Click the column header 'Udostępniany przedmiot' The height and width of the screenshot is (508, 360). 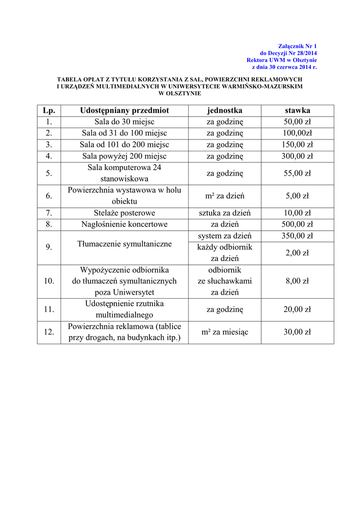click(x=124, y=110)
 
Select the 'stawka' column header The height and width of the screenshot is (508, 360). click(x=297, y=110)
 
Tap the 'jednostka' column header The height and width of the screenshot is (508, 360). click(x=224, y=110)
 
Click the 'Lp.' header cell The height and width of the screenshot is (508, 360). click(x=49, y=110)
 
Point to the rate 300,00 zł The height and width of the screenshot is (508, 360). click(x=297, y=156)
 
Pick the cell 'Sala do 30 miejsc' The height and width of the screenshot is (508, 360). click(x=124, y=122)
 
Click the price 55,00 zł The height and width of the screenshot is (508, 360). click(x=297, y=173)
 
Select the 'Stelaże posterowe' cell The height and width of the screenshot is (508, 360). click(x=124, y=213)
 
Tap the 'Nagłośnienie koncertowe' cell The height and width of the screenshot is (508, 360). click(x=124, y=224)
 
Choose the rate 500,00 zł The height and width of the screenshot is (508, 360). click(x=297, y=224)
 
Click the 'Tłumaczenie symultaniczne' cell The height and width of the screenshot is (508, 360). click(x=124, y=244)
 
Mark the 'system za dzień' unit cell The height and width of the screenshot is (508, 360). click(x=224, y=236)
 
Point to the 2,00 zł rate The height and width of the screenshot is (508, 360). click(x=297, y=253)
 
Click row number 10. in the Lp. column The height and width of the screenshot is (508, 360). click(x=49, y=281)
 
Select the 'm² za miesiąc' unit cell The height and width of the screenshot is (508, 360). click(x=224, y=332)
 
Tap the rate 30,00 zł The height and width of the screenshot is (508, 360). click(x=297, y=332)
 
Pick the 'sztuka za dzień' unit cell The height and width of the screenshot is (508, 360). click(x=224, y=213)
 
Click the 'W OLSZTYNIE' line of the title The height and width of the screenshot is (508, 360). click(x=180, y=93)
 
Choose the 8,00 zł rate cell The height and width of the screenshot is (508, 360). click(x=297, y=281)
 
